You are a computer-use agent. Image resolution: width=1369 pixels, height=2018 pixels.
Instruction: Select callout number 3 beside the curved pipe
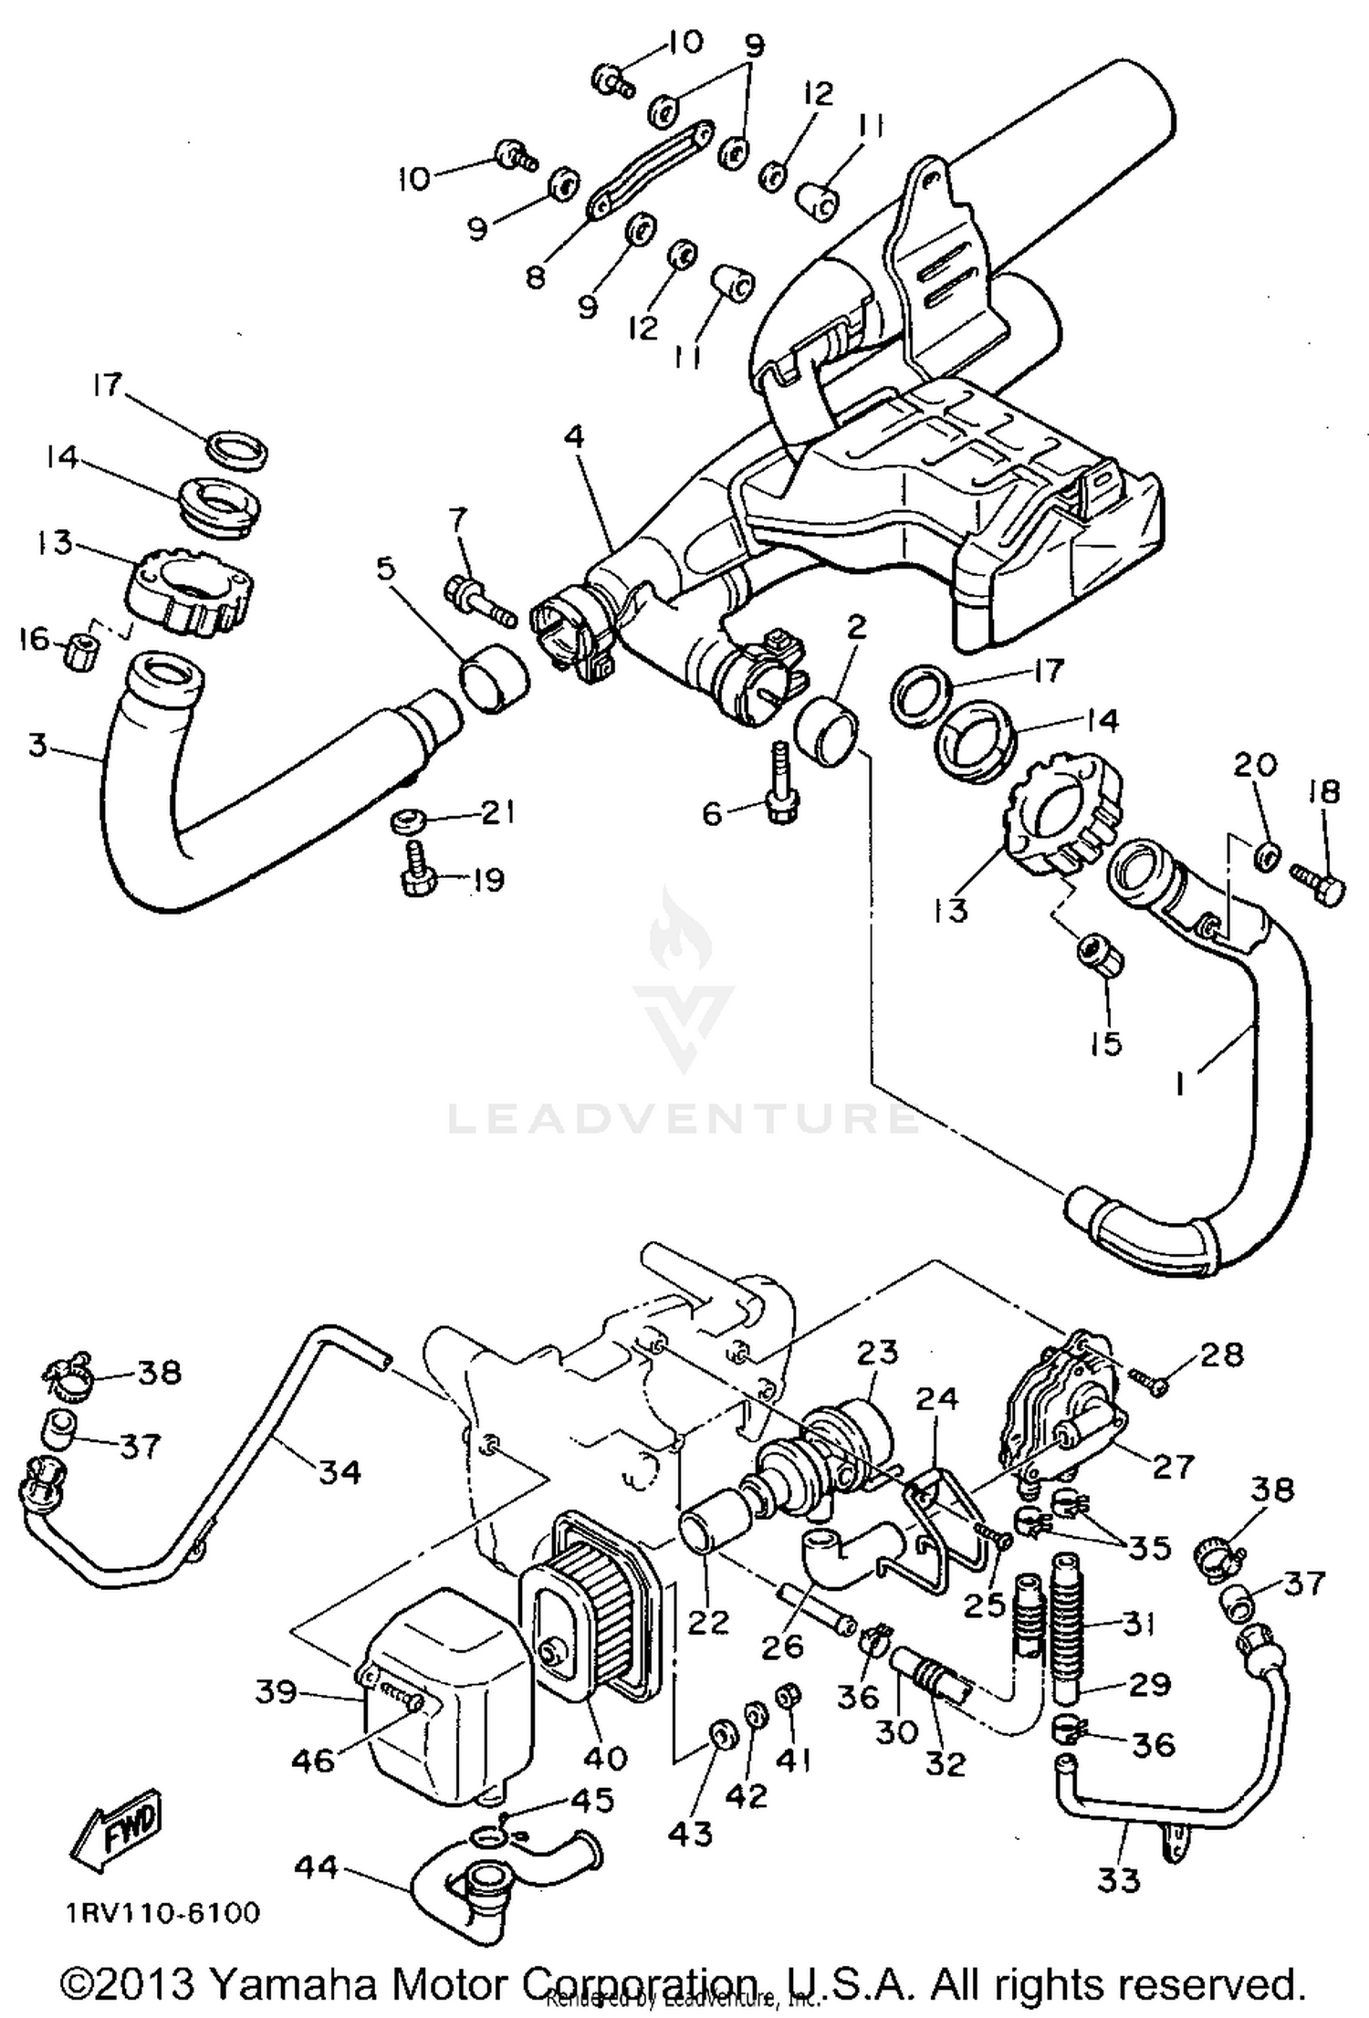click(x=36, y=745)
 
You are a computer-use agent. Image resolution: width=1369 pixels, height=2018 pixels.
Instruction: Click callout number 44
click(x=317, y=1867)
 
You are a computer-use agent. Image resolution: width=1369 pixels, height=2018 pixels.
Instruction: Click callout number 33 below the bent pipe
click(x=1119, y=1879)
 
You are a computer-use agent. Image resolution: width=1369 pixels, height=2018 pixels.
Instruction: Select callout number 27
click(x=1173, y=1466)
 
